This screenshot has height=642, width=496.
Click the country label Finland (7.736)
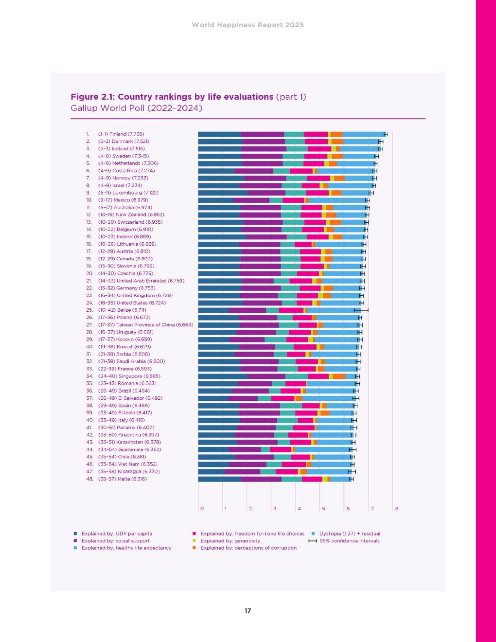tap(121, 134)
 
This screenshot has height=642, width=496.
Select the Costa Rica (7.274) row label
tap(126, 171)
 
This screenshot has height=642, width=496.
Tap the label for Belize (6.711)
tap(122, 310)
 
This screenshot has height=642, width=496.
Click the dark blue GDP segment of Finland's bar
tap(219, 134)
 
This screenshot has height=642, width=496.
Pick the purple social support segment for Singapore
tap(266, 376)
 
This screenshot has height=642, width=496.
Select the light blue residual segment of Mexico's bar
tap(337, 200)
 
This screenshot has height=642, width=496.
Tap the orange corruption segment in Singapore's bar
tap(339, 376)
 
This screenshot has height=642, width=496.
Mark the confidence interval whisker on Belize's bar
tap(361, 310)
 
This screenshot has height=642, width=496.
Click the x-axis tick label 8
tap(397, 509)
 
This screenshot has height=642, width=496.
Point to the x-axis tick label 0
tap(202, 509)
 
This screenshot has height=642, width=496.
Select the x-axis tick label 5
tap(323, 509)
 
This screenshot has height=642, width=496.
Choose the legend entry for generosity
tap(230, 541)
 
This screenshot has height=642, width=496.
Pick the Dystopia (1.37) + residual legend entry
tap(350, 534)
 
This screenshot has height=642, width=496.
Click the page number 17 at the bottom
tap(248, 611)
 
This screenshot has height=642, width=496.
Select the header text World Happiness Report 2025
tap(248, 25)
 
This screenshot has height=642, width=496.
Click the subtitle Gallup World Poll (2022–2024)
tap(136, 108)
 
